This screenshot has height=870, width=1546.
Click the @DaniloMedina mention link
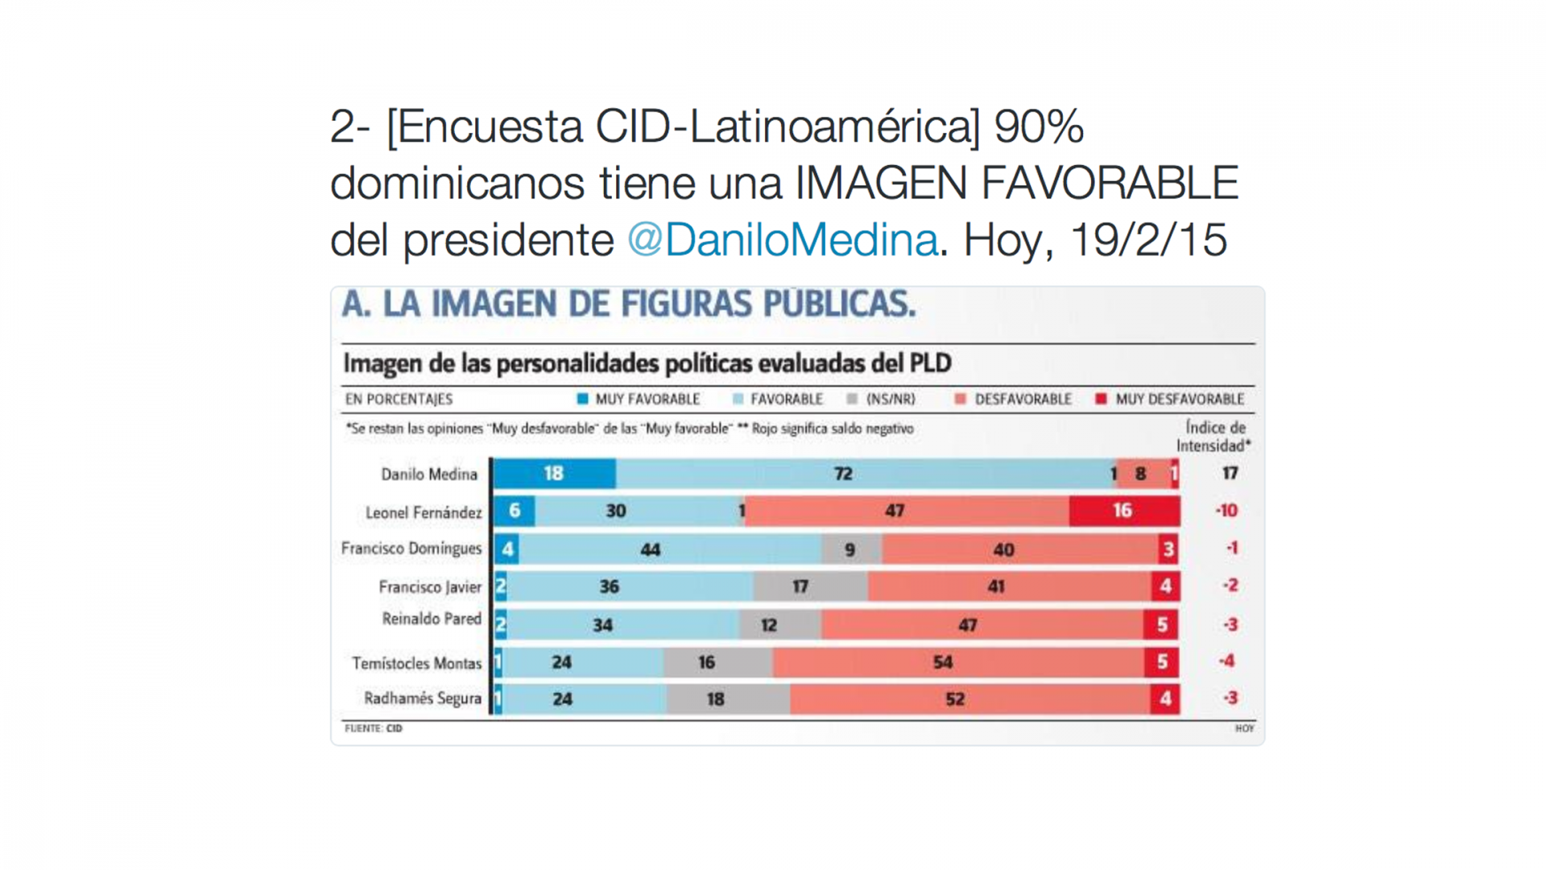[x=783, y=240]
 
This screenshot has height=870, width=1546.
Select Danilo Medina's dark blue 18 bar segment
[x=555, y=474]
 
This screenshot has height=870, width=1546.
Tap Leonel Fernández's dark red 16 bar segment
[x=1124, y=511]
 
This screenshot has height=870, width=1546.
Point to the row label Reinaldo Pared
[x=432, y=619]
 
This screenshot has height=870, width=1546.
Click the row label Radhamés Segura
[x=423, y=698]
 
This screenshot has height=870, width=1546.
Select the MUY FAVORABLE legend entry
[x=639, y=399]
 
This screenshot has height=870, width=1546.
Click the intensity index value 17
[x=1230, y=474]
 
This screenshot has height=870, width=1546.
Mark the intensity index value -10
[x=1226, y=511]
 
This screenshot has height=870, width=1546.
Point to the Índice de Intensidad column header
[x=1213, y=437]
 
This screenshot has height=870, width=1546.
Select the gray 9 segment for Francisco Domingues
[x=851, y=549]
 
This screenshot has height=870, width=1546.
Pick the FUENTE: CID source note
[x=374, y=728]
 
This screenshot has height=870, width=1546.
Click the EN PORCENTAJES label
[x=399, y=399]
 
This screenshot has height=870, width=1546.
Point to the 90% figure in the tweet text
[x=1039, y=127]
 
